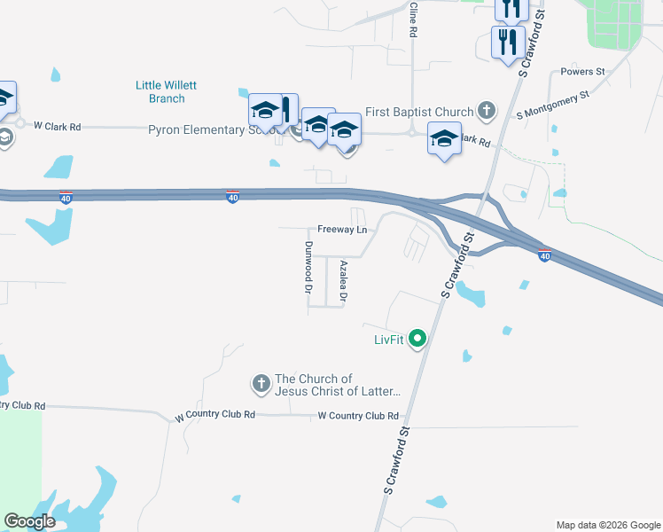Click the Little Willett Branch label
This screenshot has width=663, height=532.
click(x=166, y=91)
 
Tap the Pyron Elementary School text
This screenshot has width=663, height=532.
click(x=205, y=129)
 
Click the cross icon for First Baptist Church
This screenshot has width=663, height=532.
click(x=486, y=111)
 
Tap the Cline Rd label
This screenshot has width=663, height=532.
click(x=413, y=19)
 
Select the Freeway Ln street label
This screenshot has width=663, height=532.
click(x=342, y=230)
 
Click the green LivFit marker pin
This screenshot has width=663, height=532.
click(x=418, y=338)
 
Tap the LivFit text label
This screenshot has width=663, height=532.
click(x=388, y=339)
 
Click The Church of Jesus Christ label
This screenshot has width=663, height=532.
click(x=337, y=385)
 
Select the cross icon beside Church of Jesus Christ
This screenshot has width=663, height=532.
click(x=261, y=384)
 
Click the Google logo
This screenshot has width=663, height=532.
click(x=28, y=521)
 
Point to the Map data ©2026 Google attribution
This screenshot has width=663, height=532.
click(x=607, y=525)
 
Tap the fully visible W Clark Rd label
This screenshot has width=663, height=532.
click(x=57, y=127)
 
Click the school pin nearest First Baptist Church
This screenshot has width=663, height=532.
click(x=445, y=139)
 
